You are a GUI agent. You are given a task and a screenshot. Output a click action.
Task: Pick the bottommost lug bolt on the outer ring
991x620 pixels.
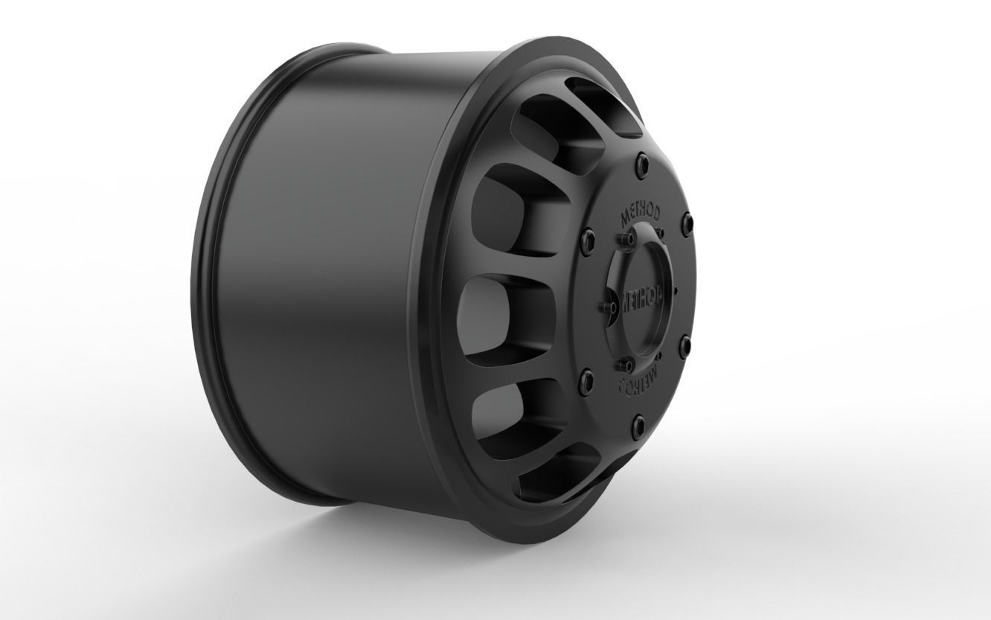(x=638, y=425)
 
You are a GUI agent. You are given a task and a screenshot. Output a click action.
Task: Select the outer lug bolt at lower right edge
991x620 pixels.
(x=684, y=345)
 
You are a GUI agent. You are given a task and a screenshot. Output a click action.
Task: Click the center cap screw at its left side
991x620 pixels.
(x=604, y=306)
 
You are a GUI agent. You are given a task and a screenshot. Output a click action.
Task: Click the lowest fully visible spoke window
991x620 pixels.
(x=513, y=406)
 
